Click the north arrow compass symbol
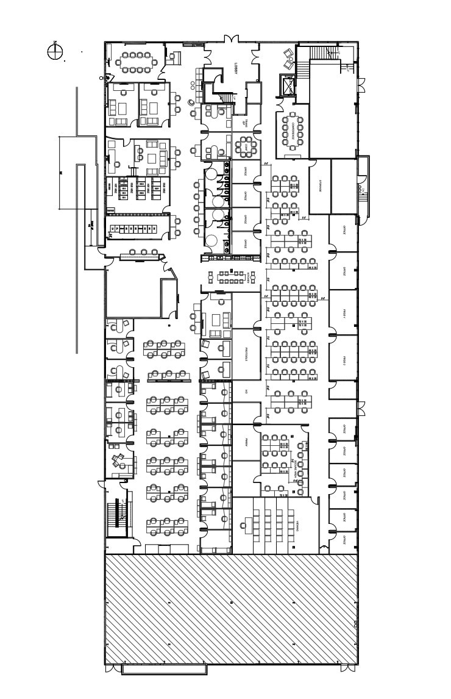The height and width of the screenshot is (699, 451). pyautogui.click(x=55, y=51)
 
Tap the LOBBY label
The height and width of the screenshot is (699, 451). pyautogui.click(x=236, y=69)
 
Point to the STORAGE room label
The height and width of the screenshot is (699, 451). pyautogui.click(x=320, y=187)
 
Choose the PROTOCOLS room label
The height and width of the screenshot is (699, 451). pyautogui.click(x=246, y=354)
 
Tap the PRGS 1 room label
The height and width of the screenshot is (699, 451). pyautogui.click(x=344, y=314)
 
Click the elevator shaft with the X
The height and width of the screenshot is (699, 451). pyautogui.click(x=286, y=85)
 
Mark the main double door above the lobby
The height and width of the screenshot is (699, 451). pyautogui.click(x=232, y=40)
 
